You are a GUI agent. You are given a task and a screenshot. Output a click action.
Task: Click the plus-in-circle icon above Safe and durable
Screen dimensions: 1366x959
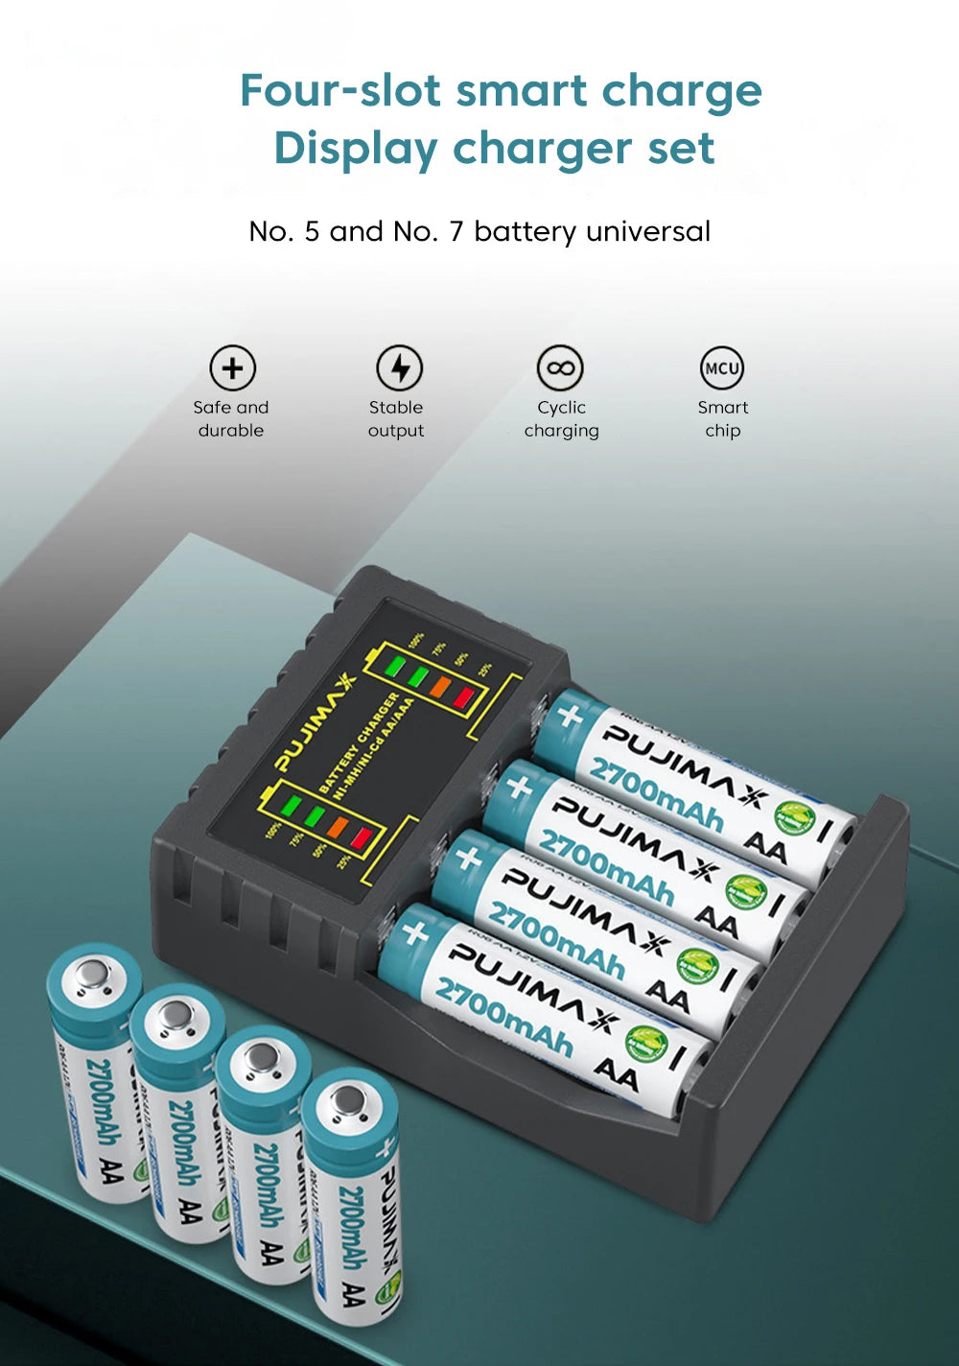point(233,368)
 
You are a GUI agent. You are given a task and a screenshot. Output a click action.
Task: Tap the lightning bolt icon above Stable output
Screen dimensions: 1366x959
point(399,368)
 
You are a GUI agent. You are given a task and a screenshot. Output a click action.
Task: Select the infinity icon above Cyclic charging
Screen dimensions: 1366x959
point(560,368)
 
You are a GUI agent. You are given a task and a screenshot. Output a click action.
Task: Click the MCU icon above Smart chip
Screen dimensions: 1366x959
point(722,368)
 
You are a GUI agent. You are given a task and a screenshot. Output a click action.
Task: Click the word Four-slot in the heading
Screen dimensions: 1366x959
point(340,91)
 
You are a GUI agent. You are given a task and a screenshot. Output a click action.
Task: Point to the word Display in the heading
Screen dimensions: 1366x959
point(355,149)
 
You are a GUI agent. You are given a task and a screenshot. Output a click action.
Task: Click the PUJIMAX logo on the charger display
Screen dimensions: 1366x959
point(316,721)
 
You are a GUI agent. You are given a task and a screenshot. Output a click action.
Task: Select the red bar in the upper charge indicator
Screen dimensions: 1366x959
point(464,699)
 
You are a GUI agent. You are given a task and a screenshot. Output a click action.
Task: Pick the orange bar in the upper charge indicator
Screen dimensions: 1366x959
point(440,687)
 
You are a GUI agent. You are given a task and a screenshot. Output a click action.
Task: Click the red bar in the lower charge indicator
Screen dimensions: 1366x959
point(361,837)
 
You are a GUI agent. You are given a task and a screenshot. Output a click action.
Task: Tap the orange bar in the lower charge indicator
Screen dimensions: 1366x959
point(338,824)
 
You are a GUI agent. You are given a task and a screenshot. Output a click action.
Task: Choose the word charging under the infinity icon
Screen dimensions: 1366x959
point(561,431)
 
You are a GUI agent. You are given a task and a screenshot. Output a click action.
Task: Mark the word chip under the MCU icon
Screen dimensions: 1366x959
point(722,431)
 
